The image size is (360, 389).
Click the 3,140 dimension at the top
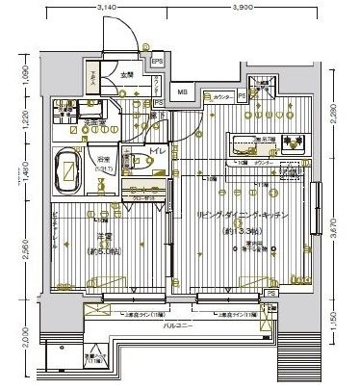coord(107,7)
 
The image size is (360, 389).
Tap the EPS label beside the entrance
coord(156,65)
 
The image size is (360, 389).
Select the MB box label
coord(183,93)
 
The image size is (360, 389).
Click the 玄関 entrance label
coord(127,74)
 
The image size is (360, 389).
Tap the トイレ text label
coord(157,153)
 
